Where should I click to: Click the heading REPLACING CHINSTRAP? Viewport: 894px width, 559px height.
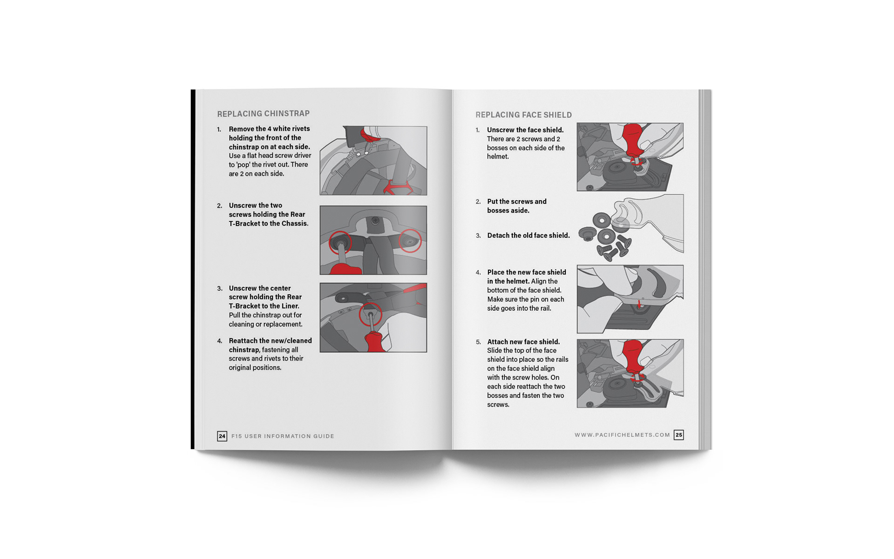click(x=263, y=114)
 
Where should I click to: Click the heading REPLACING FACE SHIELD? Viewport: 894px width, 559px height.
click(x=523, y=115)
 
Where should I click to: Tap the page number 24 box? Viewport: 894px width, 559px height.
click(x=222, y=436)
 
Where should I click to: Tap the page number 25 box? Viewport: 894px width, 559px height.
click(x=679, y=435)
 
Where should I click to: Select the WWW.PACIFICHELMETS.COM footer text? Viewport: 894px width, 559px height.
click(x=622, y=435)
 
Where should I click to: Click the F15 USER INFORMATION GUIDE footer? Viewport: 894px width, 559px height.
click(x=283, y=436)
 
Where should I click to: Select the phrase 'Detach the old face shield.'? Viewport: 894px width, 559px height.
click(x=528, y=236)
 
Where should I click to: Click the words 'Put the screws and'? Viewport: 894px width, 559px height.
click(x=517, y=202)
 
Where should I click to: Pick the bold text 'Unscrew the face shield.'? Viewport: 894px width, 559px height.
click(x=525, y=130)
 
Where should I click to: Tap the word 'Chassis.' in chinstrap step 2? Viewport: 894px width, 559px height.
click(x=295, y=224)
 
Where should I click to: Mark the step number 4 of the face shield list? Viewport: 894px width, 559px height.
click(x=478, y=273)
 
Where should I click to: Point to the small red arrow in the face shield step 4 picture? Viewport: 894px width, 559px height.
click(x=639, y=304)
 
